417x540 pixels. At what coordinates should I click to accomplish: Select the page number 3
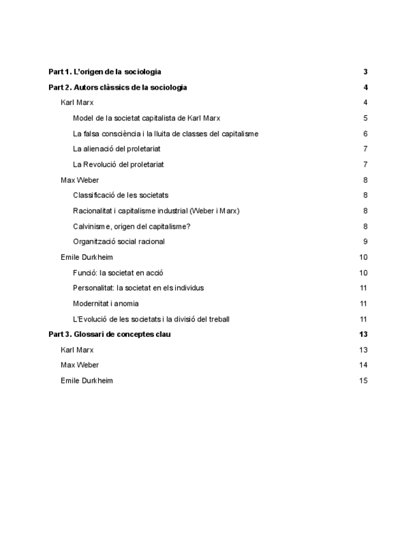[365, 72]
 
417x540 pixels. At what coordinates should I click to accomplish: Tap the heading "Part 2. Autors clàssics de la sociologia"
[118, 87]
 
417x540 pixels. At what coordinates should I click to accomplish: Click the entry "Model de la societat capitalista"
[146, 118]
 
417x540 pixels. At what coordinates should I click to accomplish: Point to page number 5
[365, 118]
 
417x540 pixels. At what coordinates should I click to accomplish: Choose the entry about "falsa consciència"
[166, 134]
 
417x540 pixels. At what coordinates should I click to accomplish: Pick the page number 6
[365, 134]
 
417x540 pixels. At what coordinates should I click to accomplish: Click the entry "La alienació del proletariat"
[117, 149]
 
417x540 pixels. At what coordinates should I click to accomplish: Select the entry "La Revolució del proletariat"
[118, 164]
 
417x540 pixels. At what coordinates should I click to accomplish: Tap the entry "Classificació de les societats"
[120, 195]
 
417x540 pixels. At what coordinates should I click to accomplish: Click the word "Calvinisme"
[92, 226]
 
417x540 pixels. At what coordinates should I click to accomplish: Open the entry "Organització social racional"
[119, 242]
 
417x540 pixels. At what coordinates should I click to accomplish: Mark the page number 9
[365, 242]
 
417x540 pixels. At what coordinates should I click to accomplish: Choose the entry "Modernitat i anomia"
[106, 304]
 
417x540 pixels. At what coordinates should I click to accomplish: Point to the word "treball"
[218, 319]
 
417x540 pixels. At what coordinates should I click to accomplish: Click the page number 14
[364, 366]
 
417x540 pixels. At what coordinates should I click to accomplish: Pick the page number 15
[364, 381]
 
